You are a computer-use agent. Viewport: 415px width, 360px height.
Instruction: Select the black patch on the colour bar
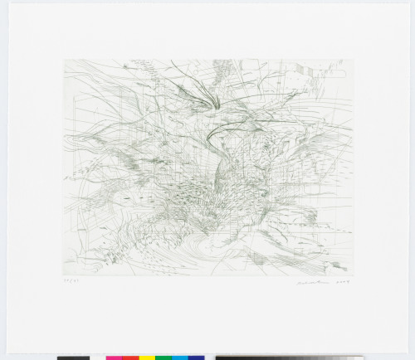(73, 358)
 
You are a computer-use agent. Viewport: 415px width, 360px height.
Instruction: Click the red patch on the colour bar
(130, 358)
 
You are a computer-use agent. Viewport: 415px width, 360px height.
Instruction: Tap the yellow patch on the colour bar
(147, 358)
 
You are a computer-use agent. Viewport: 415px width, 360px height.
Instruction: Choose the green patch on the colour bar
(164, 358)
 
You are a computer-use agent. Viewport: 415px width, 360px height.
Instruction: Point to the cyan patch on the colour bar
(180, 358)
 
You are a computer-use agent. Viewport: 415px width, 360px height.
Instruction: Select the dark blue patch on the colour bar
(196, 358)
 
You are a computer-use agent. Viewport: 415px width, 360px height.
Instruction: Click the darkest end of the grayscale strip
(221, 358)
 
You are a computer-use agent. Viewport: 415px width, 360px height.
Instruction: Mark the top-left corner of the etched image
(64, 60)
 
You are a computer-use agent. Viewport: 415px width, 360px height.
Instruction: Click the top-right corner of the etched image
(353, 60)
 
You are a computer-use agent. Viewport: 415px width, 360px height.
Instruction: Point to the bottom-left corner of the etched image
(64, 275)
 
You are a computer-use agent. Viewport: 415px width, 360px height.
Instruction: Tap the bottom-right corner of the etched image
(353, 275)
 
